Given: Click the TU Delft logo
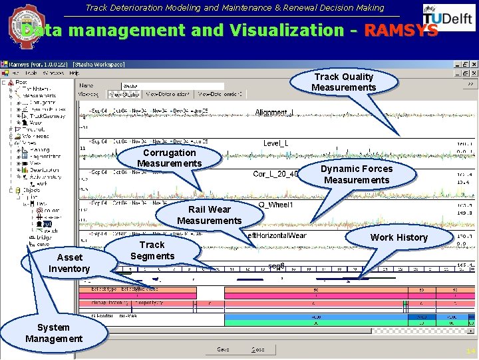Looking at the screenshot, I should [x=448, y=18].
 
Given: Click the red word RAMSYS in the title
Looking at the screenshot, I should [x=401, y=31].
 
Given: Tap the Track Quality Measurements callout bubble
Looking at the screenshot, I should [x=343, y=83].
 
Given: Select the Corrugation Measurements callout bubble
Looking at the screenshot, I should [x=169, y=159].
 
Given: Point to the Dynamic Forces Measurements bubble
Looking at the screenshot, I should [x=357, y=175].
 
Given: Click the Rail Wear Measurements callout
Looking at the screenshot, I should [x=209, y=215].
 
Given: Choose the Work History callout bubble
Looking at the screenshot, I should [x=399, y=238].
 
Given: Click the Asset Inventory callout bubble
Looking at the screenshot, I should [x=70, y=263].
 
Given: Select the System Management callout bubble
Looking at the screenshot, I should [x=54, y=333].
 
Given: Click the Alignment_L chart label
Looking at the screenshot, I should [x=274, y=113].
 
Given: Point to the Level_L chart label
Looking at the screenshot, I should [x=275, y=143].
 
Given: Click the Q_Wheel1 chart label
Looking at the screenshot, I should [x=275, y=205].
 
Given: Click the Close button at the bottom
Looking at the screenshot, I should [x=257, y=349].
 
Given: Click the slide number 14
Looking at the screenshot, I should [x=470, y=351].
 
